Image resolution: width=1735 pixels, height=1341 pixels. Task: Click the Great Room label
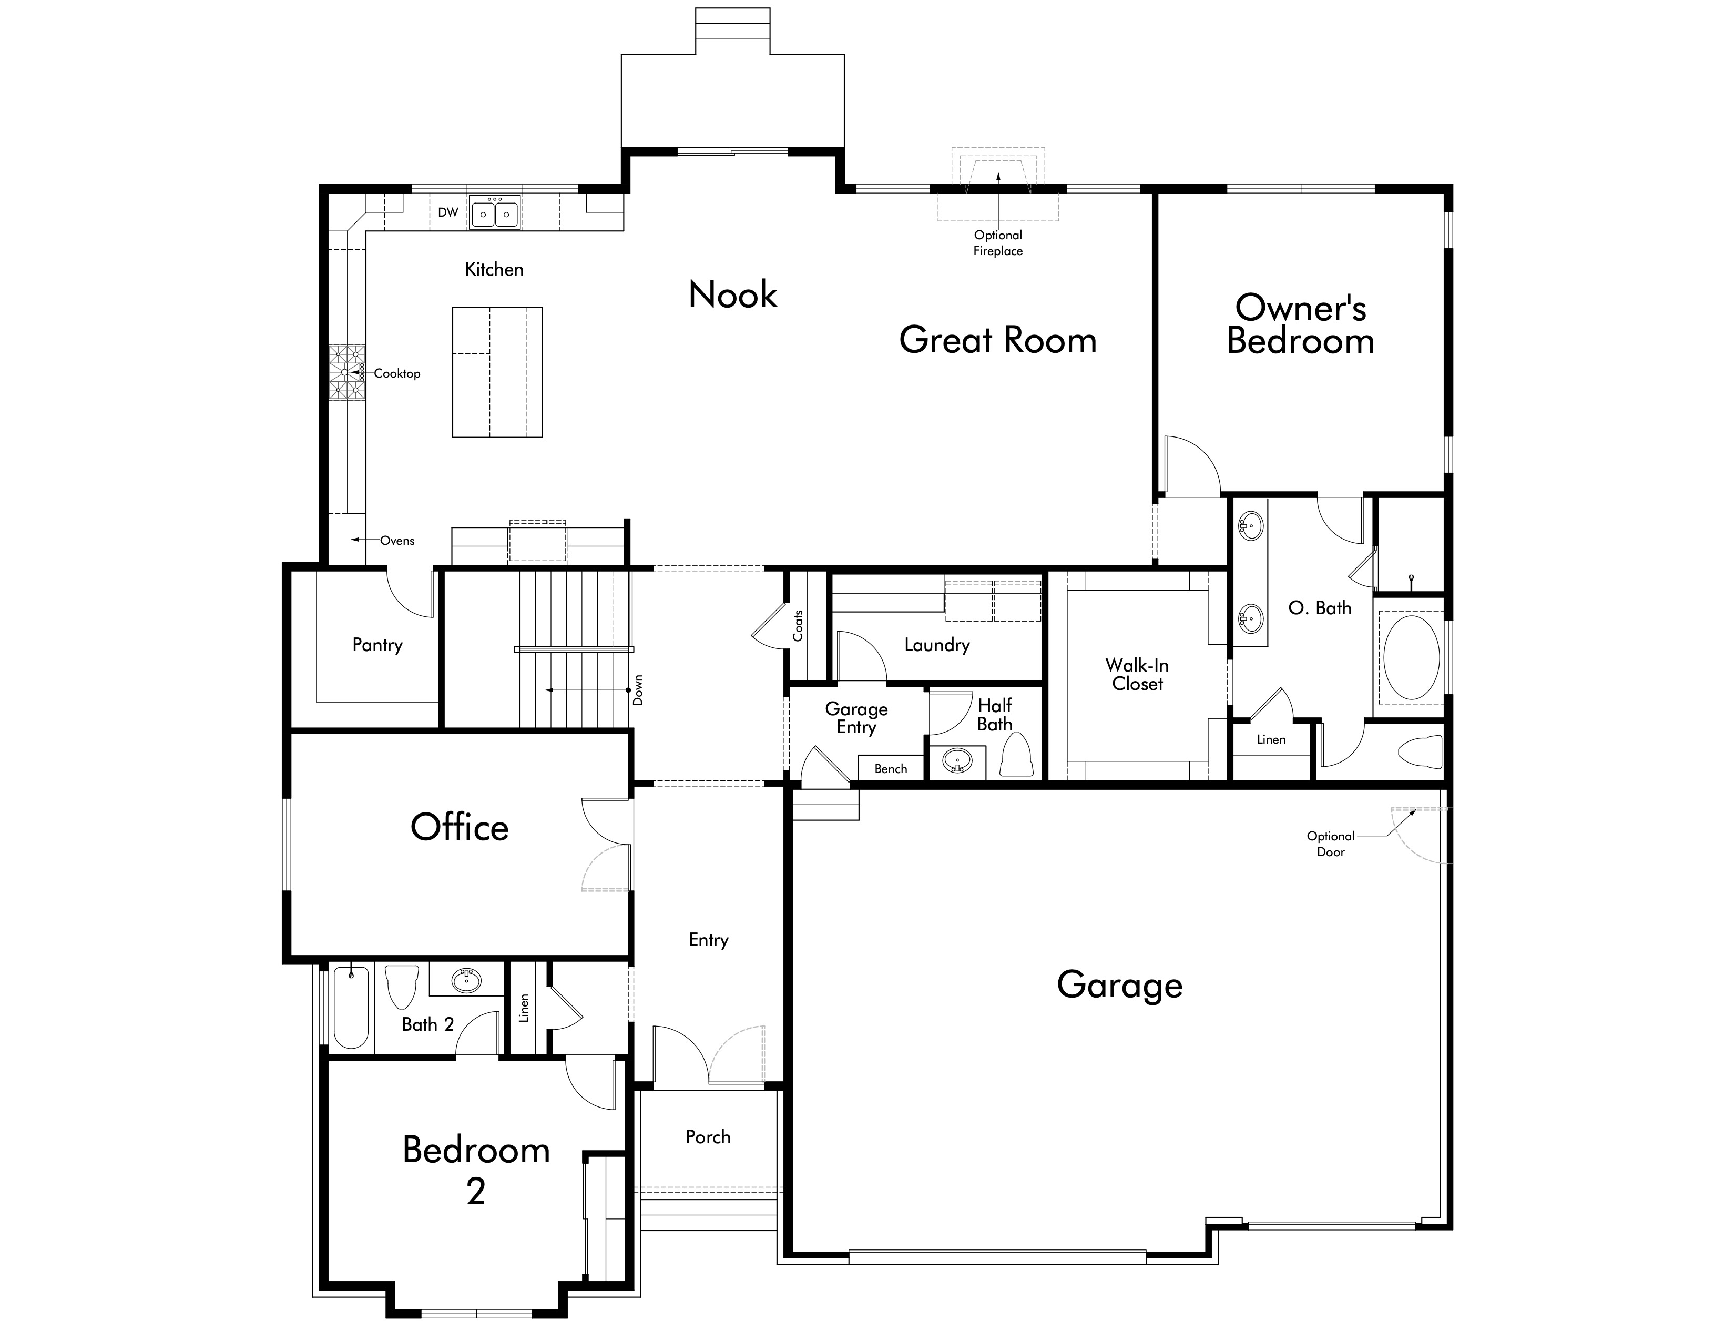point(998,340)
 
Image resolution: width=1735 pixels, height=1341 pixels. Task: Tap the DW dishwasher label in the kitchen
point(448,212)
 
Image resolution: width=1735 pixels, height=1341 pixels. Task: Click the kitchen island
point(497,372)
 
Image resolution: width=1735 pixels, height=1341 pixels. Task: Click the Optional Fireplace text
point(998,243)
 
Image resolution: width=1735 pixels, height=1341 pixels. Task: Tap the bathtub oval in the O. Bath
point(1411,658)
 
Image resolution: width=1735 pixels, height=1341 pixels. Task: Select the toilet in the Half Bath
point(1016,754)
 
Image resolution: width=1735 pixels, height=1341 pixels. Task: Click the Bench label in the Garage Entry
point(891,769)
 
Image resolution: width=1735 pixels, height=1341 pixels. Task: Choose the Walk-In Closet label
point(1137,675)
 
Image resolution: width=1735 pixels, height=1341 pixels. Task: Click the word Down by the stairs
point(638,690)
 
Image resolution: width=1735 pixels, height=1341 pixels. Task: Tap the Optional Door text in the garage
point(1331,844)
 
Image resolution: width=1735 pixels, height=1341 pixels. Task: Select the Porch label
point(708,1137)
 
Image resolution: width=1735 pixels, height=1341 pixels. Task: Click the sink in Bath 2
point(466,980)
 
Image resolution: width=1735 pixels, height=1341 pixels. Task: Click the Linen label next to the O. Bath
point(1271,739)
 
